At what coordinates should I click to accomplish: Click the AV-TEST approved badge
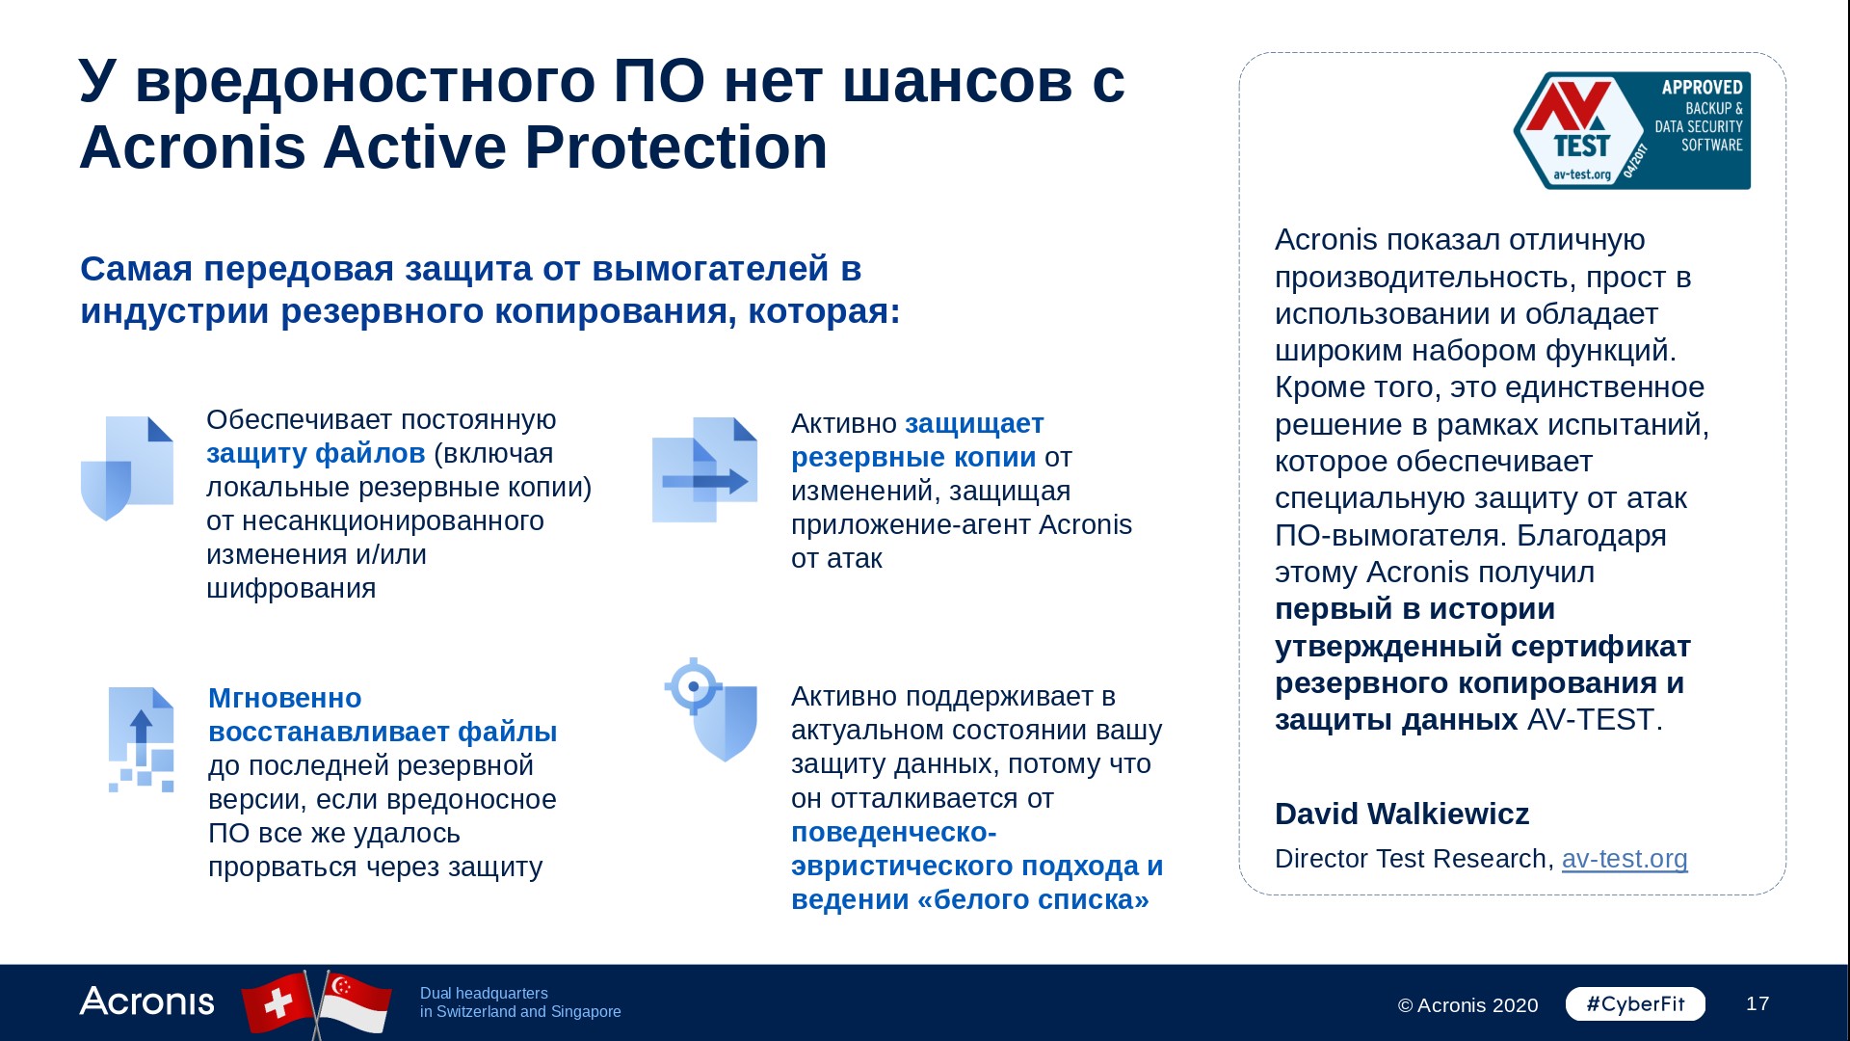(x=1632, y=130)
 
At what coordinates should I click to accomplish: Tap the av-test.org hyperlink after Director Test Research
(x=1625, y=858)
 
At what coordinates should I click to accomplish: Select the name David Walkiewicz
(x=1402, y=814)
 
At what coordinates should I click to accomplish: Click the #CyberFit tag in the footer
(x=1635, y=1003)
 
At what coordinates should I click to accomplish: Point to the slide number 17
(x=1757, y=1003)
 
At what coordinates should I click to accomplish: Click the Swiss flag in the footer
(x=278, y=1003)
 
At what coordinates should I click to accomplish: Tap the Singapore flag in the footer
(x=355, y=1002)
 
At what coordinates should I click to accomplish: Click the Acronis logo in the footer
(x=146, y=1001)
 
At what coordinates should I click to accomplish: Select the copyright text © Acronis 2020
(x=1467, y=1005)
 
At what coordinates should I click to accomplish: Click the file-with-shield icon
(x=127, y=468)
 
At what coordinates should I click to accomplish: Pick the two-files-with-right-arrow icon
(x=704, y=469)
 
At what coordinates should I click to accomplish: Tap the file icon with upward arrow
(x=142, y=739)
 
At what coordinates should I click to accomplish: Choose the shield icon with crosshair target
(x=711, y=709)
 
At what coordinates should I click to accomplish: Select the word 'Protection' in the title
(x=675, y=147)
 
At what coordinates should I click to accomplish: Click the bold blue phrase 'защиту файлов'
(x=316, y=453)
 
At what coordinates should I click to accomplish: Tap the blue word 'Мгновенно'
(x=285, y=698)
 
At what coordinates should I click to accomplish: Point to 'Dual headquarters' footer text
(x=484, y=993)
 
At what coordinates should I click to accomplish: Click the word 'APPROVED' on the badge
(x=1702, y=87)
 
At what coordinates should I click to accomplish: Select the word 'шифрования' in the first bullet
(x=291, y=588)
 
